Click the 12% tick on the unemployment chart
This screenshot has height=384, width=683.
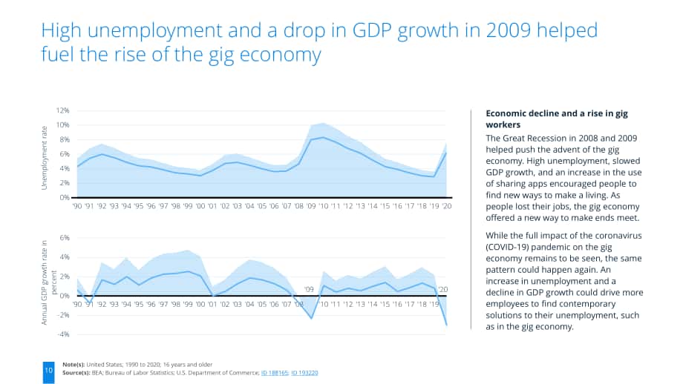(62, 110)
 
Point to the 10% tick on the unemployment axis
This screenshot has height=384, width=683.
(62, 125)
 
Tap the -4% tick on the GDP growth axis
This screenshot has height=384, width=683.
(64, 334)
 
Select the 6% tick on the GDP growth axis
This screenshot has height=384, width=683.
(65, 238)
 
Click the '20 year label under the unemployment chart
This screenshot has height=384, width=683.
(446, 205)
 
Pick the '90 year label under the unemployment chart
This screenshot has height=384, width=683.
(77, 205)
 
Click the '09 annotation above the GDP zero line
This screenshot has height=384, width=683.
(308, 289)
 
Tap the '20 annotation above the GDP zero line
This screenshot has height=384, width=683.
(442, 289)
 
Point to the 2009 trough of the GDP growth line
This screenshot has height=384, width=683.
(312, 318)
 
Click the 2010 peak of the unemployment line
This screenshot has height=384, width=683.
(323, 137)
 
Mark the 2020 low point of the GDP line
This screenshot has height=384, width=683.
(446, 325)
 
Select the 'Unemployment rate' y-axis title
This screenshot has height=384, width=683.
(44, 158)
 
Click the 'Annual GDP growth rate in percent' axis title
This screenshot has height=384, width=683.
(48, 282)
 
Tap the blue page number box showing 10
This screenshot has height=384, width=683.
(48, 372)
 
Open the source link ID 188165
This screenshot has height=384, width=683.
(275, 373)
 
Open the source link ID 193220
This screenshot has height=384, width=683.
(304, 373)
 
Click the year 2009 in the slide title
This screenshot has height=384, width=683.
(509, 30)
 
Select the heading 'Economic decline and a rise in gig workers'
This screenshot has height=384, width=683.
(557, 119)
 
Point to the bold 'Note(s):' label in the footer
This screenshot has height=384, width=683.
(73, 365)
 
